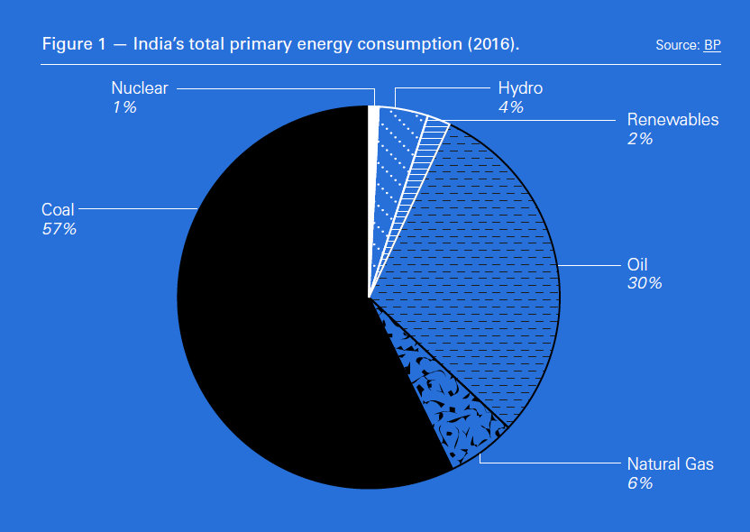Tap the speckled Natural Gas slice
click(442, 397)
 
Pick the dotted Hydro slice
click(393, 153)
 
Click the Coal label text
click(58, 210)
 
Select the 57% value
click(59, 229)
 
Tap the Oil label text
click(637, 265)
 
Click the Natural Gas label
click(670, 464)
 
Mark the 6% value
click(639, 483)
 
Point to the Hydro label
click(521, 88)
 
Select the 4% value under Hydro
click(511, 107)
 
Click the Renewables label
click(672, 120)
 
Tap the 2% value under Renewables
click(640, 139)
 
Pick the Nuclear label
click(140, 88)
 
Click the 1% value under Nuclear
click(124, 107)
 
